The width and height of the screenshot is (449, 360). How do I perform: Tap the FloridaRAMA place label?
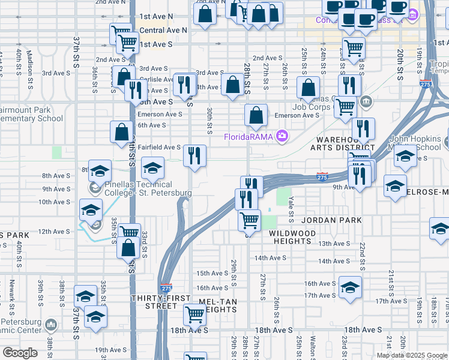pos(249,137)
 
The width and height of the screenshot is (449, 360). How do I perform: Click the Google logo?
pos(20,353)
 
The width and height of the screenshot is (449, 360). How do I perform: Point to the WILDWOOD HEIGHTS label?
pos(291,236)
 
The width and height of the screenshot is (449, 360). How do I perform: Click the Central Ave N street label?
pos(163,29)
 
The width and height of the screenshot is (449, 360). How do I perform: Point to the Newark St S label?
pos(11,296)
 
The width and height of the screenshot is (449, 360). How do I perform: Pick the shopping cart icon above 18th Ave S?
pos(194,313)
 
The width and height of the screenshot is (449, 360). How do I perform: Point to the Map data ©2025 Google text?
pos(412,355)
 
